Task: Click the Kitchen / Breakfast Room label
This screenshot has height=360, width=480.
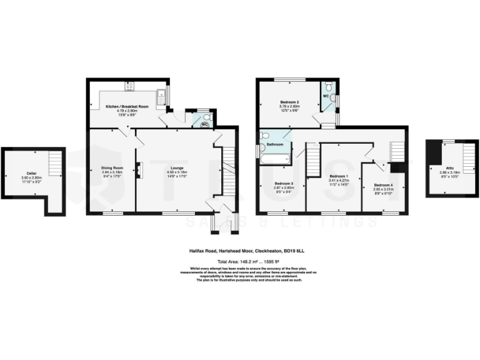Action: (x=126, y=106)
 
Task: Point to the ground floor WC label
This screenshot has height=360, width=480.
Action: (x=204, y=124)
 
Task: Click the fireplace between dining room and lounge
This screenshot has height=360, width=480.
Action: (x=137, y=169)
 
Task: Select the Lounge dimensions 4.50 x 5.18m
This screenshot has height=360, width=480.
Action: (x=176, y=172)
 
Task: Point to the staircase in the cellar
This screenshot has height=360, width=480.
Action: (x=55, y=165)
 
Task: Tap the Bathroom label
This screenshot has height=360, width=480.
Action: (x=276, y=144)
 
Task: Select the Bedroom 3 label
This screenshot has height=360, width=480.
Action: (x=284, y=182)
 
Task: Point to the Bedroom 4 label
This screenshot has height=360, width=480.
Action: (x=383, y=185)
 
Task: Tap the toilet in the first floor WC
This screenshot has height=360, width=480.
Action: (x=332, y=98)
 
